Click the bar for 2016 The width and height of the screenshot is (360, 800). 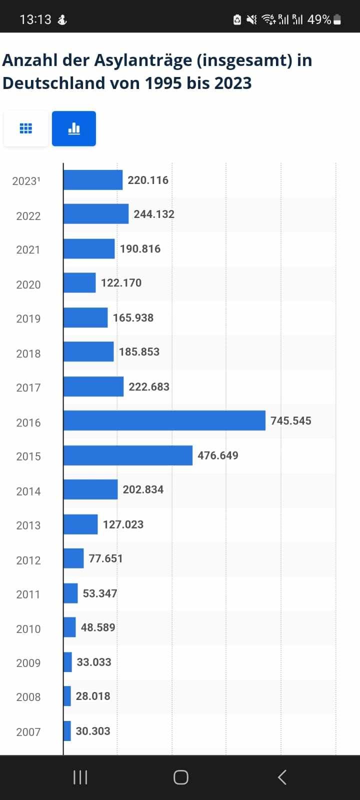click(x=164, y=420)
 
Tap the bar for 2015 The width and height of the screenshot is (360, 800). click(x=127, y=455)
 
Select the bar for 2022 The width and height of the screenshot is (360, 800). click(x=95, y=214)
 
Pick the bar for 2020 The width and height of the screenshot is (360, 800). click(x=79, y=283)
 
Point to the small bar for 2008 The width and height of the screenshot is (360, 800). click(x=67, y=696)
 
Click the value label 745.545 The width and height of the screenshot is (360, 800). click(x=290, y=421)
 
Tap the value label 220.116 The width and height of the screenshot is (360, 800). click(x=148, y=180)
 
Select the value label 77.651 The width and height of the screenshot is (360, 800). click(x=105, y=558)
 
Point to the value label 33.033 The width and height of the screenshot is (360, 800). click(x=93, y=662)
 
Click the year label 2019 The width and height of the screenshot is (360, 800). click(x=28, y=319)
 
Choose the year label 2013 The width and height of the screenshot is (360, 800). click(x=28, y=525)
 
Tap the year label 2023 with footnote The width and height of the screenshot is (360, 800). click(x=26, y=181)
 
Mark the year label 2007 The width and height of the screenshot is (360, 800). click(x=28, y=732)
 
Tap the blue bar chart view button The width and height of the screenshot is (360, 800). click(x=74, y=128)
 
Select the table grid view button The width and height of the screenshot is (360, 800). click(x=26, y=128)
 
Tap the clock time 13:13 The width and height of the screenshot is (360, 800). click(x=35, y=19)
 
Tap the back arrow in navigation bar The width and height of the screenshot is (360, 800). click(x=282, y=777)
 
